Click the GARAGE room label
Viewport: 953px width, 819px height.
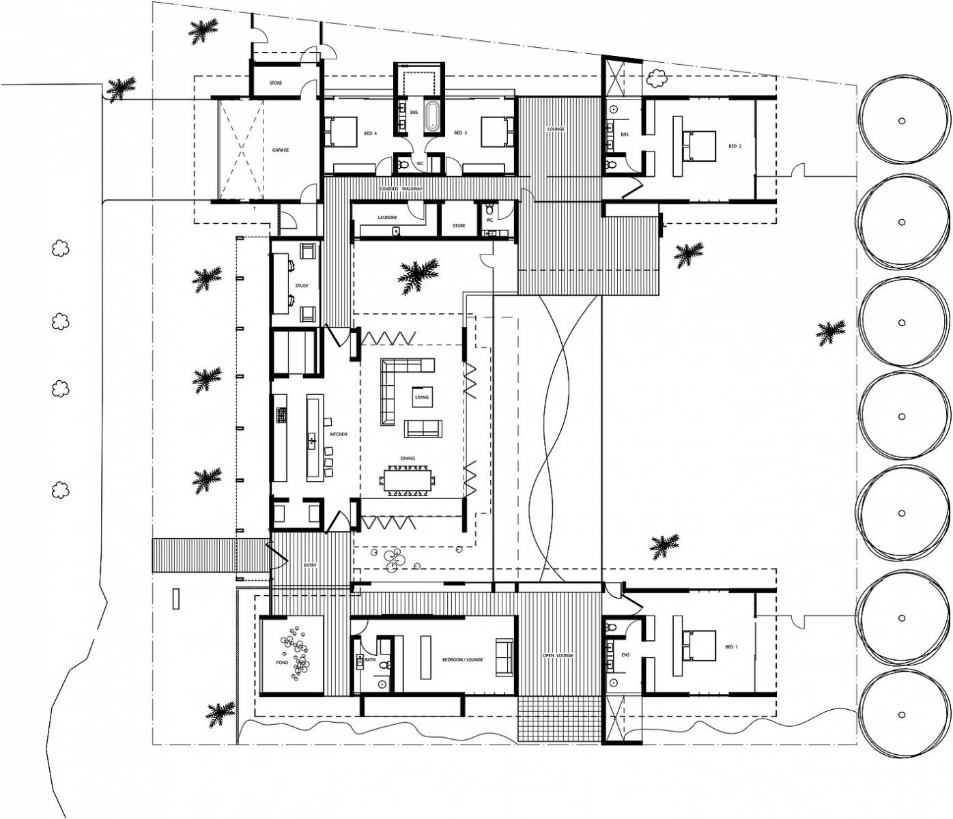point(280,150)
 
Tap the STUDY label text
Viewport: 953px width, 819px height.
point(301,286)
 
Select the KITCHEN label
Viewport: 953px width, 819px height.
point(339,434)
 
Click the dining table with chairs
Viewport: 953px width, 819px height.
point(408,479)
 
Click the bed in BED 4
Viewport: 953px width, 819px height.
point(343,132)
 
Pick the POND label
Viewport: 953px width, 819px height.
point(282,663)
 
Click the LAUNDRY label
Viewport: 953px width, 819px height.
point(387,218)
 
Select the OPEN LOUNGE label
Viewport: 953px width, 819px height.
point(558,655)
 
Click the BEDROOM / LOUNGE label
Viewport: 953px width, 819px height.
point(462,660)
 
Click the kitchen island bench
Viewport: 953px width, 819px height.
point(314,437)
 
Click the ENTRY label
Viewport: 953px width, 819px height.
point(310,565)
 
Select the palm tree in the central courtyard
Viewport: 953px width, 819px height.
point(418,274)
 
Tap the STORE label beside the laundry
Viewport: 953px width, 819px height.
point(459,226)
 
